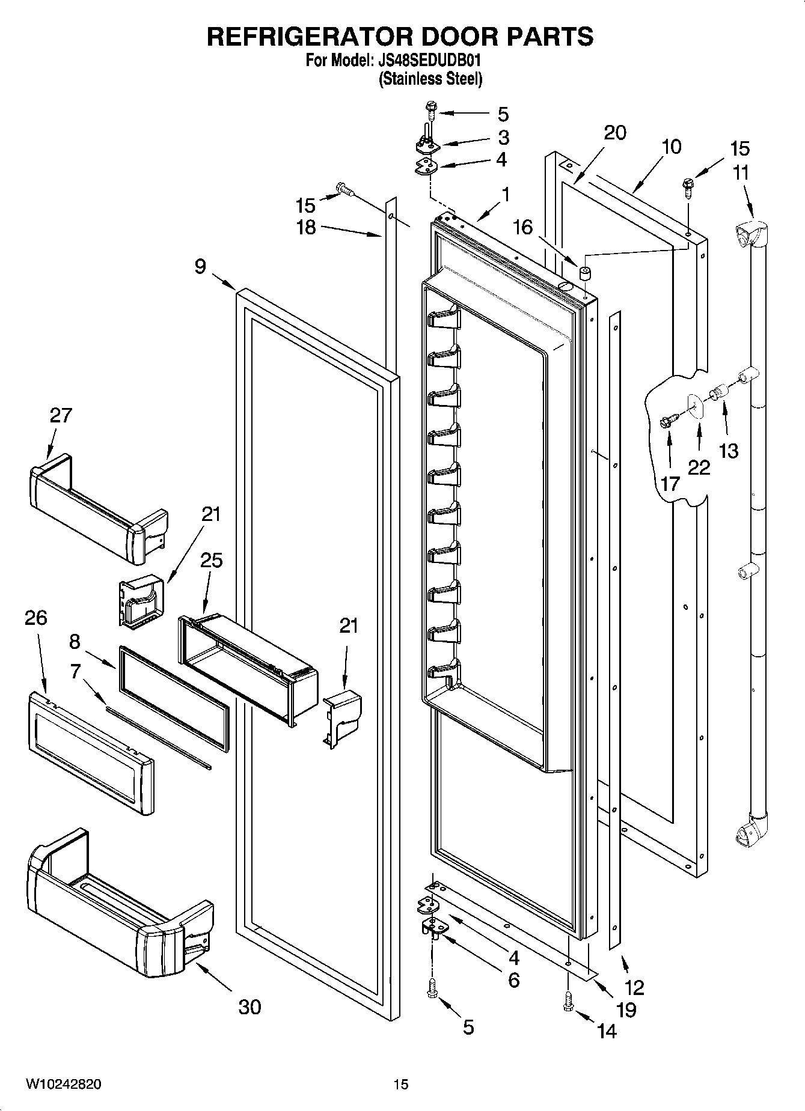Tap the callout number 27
pos(61,415)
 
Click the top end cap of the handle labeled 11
pos(751,234)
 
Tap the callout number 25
pos(211,560)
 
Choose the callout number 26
pos(35,618)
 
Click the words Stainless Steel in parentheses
pos(430,79)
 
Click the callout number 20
pos(614,133)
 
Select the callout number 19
pos(626,1009)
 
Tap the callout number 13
pos(728,451)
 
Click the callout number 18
pos(306,228)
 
